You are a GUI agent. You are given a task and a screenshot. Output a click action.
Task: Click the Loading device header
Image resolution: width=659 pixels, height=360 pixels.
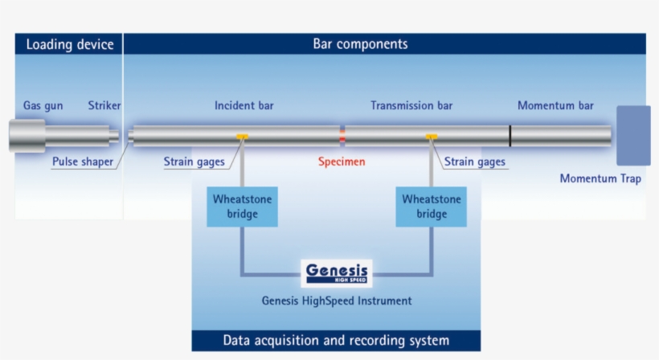tap(70, 44)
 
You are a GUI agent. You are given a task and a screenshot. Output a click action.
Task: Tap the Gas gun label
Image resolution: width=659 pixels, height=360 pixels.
tap(43, 105)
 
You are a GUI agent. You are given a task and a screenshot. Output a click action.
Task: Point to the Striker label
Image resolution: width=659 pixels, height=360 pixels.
tap(104, 105)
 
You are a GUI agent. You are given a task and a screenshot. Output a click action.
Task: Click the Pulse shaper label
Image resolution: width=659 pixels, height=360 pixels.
tap(83, 162)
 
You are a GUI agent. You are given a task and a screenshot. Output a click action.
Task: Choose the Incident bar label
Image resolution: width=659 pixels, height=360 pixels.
tap(244, 105)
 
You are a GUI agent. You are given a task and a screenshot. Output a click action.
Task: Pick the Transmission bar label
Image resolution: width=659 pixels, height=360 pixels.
tap(411, 105)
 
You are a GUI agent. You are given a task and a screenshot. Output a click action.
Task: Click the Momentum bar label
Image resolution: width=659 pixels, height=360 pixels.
tap(555, 105)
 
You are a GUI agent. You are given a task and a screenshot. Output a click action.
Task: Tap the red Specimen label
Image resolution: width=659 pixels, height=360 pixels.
tap(342, 162)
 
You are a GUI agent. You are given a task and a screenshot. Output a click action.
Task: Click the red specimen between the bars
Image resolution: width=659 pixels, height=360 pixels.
tap(342, 136)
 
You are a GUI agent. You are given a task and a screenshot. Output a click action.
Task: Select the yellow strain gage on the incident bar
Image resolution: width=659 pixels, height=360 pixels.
tap(242, 137)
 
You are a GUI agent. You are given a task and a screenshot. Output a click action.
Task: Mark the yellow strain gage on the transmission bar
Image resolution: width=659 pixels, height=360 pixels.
tap(432, 137)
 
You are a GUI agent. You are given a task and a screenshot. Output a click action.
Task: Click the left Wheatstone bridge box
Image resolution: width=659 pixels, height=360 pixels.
tap(242, 207)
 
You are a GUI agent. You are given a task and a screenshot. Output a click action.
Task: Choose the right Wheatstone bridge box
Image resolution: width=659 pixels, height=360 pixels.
tap(432, 207)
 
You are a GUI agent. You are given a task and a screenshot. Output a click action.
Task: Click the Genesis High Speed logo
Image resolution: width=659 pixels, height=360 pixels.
tap(337, 273)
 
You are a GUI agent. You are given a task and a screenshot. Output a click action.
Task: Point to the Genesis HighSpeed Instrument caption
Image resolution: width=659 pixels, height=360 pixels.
tap(337, 301)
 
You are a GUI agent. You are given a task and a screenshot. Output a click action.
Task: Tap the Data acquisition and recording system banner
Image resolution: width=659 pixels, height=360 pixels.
tap(336, 340)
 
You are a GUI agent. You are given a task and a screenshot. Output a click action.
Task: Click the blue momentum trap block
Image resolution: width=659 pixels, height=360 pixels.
tap(633, 136)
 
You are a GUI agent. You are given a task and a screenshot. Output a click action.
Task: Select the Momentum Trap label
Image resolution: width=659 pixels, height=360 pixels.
tap(600, 178)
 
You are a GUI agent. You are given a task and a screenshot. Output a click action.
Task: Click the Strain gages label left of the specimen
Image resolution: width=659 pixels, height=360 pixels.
tap(194, 162)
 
